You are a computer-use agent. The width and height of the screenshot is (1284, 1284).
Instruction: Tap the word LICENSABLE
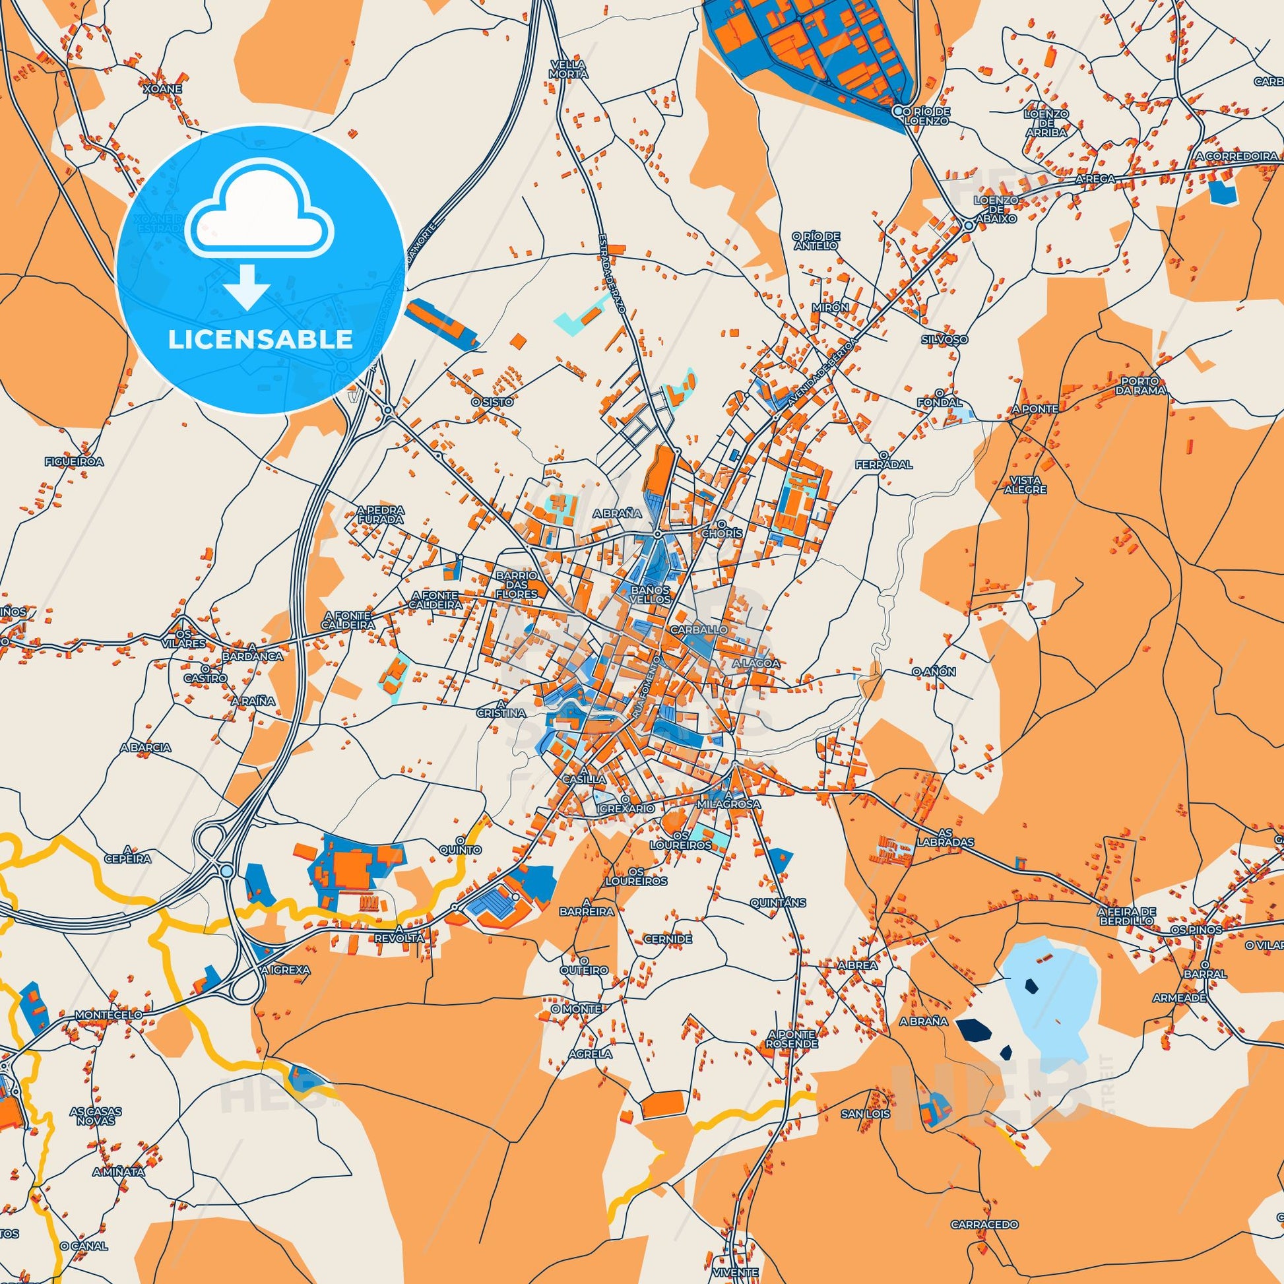tap(260, 339)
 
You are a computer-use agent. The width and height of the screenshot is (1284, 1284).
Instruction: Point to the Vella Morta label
tap(568, 69)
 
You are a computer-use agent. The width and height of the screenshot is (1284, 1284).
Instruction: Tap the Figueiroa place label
tap(74, 461)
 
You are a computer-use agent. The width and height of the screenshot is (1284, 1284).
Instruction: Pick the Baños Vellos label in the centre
tap(651, 594)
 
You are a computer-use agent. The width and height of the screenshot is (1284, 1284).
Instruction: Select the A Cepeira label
tap(127, 853)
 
